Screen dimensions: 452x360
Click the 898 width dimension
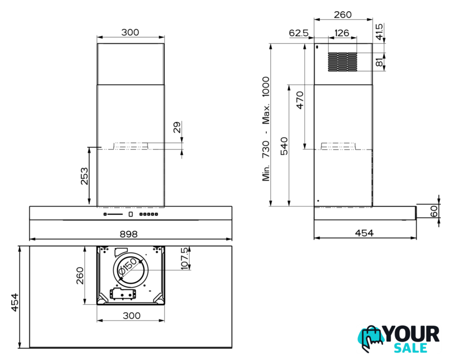click(x=128, y=234)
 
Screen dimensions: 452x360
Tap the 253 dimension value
click(x=84, y=176)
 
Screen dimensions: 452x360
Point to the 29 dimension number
click(x=177, y=127)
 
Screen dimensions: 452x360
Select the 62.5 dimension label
click(x=299, y=33)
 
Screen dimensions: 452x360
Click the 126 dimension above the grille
click(x=342, y=33)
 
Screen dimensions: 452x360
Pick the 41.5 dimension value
click(x=379, y=31)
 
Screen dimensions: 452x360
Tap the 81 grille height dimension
click(x=379, y=62)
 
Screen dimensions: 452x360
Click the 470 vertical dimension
click(x=300, y=100)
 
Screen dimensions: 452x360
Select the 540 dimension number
click(x=284, y=146)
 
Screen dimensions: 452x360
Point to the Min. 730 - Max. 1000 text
click(x=266, y=129)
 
